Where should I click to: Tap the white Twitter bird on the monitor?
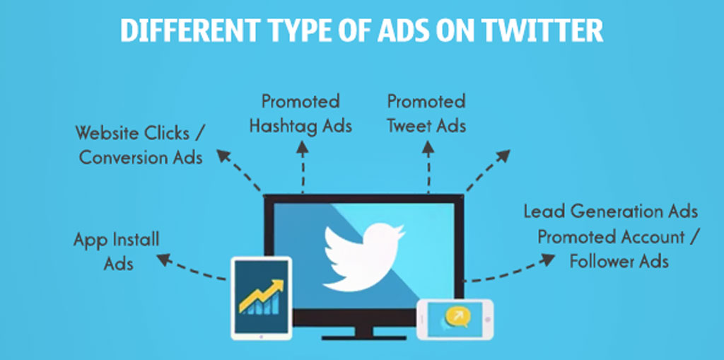(365, 257)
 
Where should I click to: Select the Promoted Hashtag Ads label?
(300, 114)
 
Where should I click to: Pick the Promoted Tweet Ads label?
(426, 114)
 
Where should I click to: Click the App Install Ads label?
(117, 251)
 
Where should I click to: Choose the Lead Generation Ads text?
(610, 211)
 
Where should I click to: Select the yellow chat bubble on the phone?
(457, 317)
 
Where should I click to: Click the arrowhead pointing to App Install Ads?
(163, 260)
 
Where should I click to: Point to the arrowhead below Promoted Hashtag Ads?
(303, 147)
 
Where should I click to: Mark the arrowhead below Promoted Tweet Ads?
(428, 147)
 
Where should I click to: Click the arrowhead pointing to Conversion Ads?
(223, 156)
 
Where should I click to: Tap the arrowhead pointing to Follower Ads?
(548, 260)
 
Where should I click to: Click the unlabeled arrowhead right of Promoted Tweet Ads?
(503, 156)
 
